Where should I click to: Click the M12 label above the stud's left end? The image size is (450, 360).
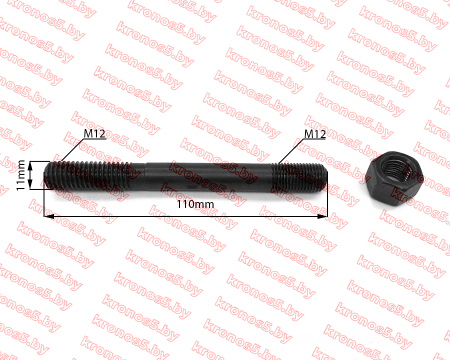pyautogui.click(x=94, y=133)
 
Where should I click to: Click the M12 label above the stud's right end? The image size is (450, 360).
pyautogui.click(x=315, y=134)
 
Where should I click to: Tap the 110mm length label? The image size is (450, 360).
pyautogui.click(x=195, y=204)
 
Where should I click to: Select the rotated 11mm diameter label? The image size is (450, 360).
pyautogui.click(x=20, y=175)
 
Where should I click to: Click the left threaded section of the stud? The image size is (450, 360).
pyautogui.click(x=89, y=175)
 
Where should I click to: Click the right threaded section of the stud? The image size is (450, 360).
pyautogui.click(x=299, y=177)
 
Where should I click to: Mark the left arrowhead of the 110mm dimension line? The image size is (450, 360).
pyautogui.click(x=49, y=216)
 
